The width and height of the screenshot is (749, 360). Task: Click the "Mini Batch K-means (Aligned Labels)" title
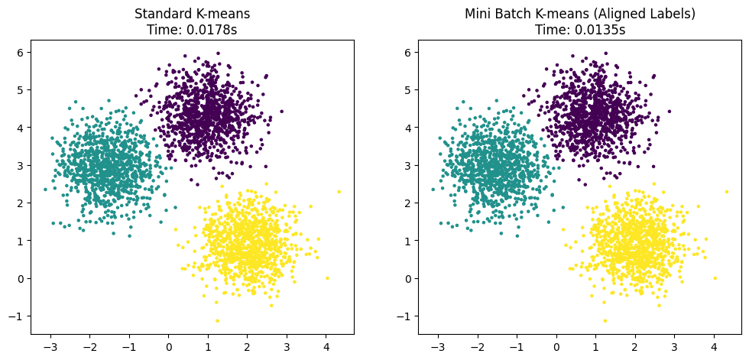[x=579, y=14]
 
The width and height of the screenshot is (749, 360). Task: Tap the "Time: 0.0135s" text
[x=579, y=29]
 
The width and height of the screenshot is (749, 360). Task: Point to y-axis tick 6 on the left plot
[x=21, y=52]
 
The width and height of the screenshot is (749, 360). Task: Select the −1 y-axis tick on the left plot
[x=18, y=316]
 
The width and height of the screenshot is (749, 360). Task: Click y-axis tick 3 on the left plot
[x=21, y=165]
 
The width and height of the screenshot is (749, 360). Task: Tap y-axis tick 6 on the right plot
[x=408, y=52]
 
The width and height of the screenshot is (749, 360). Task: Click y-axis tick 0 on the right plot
[x=408, y=278]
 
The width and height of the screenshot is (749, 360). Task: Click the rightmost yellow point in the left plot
[x=339, y=192]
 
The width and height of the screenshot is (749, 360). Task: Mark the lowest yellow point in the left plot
[x=217, y=320]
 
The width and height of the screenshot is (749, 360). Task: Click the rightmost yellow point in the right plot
[x=726, y=192]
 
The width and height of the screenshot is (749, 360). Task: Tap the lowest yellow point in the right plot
[x=605, y=320]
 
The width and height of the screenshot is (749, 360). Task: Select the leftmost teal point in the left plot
[x=45, y=189]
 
